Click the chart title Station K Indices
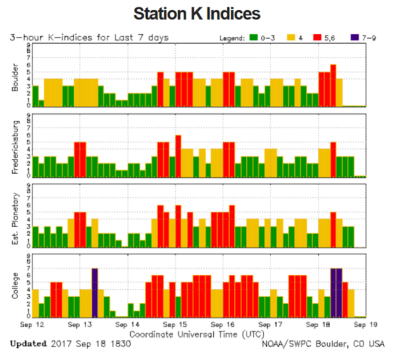tap(197, 13)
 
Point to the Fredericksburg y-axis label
tap(15, 146)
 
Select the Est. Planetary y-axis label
tap(15, 217)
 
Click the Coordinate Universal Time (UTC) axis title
tap(196, 333)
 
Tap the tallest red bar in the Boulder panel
tap(333, 85)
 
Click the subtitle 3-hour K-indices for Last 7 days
tap(90, 38)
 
